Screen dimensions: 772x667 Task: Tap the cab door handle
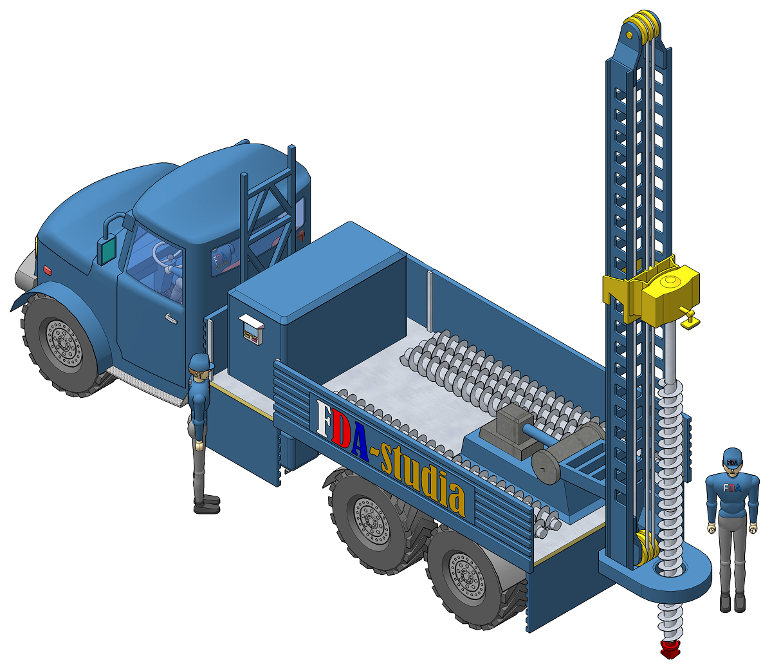170,318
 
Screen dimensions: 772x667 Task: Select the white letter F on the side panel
324,417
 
